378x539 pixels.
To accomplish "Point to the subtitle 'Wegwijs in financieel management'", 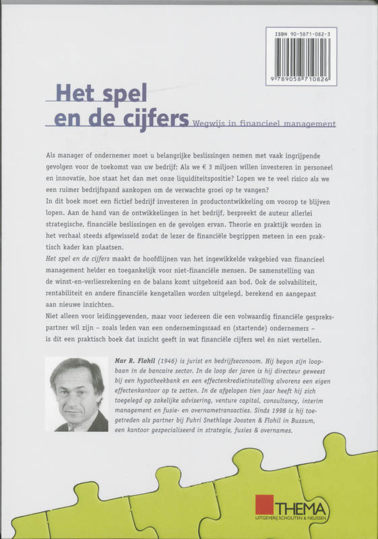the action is [x=263, y=123].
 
